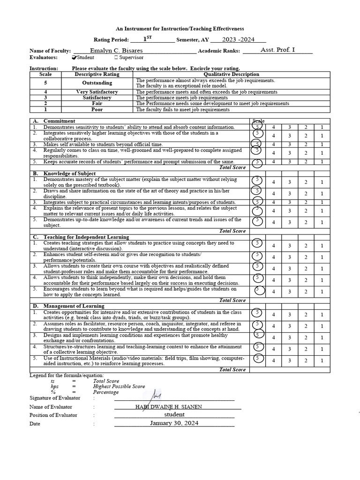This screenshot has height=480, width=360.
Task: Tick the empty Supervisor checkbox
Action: click(x=116, y=58)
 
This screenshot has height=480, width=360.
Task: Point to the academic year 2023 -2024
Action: click(x=238, y=40)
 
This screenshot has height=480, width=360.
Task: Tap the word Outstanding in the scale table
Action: click(x=97, y=83)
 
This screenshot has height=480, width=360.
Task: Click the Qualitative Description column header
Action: click(x=232, y=74)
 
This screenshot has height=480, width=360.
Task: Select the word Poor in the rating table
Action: click(x=97, y=109)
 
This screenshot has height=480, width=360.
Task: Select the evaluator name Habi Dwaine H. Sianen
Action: click(x=169, y=406)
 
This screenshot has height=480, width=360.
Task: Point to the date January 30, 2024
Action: click(x=174, y=423)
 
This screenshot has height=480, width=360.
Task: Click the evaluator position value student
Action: click(x=174, y=414)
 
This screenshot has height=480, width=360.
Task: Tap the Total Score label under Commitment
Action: click(x=232, y=167)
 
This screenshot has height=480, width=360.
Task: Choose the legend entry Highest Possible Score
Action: click(x=119, y=386)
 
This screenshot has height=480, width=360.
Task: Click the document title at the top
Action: click(x=180, y=29)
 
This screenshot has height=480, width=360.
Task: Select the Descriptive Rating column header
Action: click(x=97, y=74)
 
